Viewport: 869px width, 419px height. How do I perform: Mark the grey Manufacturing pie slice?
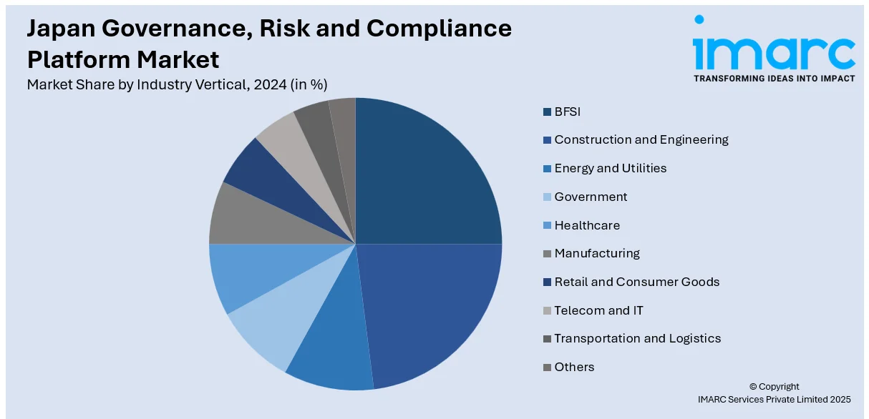click(x=236, y=215)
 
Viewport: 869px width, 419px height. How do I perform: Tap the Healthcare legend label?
click(x=587, y=225)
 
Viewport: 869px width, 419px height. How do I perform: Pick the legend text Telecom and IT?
click(x=598, y=310)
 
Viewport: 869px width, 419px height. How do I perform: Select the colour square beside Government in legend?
click(x=547, y=197)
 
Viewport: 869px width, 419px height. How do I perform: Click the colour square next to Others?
click(x=547, y=368)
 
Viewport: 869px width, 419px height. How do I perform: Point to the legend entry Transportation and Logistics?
click(x=637, y=339)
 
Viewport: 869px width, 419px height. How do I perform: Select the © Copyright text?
click(x=774, y=387)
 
